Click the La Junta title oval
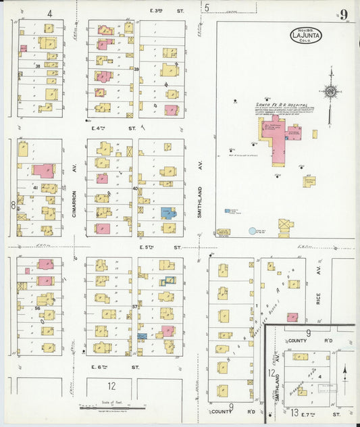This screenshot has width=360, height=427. coord(306,34)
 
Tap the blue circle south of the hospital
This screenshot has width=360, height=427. coord(253,231)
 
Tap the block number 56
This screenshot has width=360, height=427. coord(38,307)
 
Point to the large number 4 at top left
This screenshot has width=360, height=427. coord(50,13)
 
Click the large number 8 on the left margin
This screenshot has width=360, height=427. coord(12,205)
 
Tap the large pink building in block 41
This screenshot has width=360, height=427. coord(44,170)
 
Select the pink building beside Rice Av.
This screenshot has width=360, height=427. coord(292,317)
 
